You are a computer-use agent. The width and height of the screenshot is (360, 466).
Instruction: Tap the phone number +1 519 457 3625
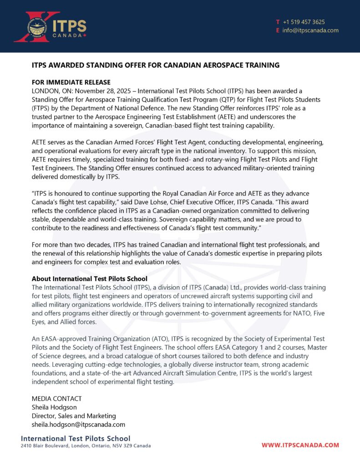coord(304,22)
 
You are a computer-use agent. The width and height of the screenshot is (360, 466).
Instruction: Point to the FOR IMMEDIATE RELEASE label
coord(71,82)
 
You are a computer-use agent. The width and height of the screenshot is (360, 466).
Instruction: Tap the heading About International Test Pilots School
coord(89,279)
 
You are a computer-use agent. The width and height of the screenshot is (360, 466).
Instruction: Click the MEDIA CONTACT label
coord(56,399)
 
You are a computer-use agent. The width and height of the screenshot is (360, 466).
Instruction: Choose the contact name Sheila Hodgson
coord(54,407)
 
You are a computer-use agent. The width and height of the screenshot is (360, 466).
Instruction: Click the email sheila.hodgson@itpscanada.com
coord(78,425)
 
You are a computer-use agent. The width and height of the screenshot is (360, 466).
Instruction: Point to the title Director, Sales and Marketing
coord(74,416)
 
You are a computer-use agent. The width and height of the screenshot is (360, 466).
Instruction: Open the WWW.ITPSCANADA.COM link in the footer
coord(300,445)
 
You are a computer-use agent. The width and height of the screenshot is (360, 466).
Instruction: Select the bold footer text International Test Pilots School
coord(76,438)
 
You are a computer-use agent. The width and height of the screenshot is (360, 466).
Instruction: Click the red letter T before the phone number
coord(278,22)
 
